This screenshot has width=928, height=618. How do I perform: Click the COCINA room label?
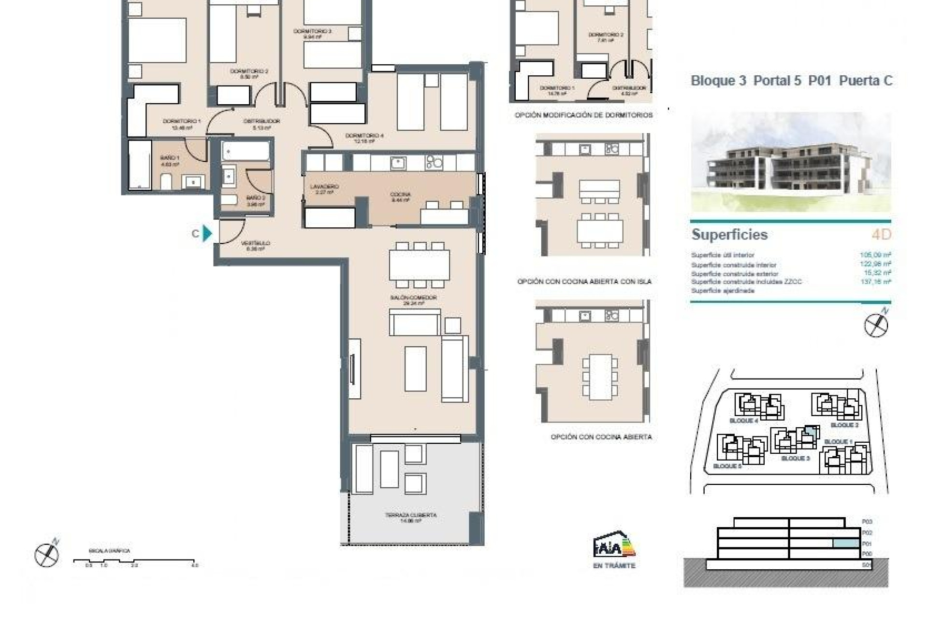[x=400, y=197]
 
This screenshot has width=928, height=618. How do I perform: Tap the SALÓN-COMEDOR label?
[x=413, y=300]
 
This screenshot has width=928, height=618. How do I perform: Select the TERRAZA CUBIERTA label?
[x=411, y=518]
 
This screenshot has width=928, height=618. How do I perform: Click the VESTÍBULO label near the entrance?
[x=255, y=246]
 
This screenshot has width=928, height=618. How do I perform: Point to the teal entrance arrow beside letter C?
[x=207, y=233]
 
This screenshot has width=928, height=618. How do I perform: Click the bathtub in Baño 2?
[x=246, y=151]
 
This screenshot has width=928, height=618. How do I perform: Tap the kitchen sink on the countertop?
[x=398, y=163]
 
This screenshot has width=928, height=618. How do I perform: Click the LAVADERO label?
[x=324, y=189]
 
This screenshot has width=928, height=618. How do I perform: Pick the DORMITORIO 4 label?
[x=364, y=138]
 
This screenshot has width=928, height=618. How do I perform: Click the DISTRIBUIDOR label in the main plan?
[x=261, y=124]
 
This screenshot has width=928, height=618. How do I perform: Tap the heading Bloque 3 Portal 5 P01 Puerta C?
[x=791, y=81]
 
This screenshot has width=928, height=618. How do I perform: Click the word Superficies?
[x=729, y=235]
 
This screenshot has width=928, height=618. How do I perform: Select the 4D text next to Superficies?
[x=881, y=235]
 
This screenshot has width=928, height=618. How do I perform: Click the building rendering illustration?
[x=791, y=162]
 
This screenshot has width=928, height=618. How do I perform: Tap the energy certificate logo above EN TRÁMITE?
[x=614, y=546]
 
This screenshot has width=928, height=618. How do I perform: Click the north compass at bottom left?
[x=47, y=554]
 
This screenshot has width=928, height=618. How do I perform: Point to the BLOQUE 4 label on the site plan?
[x=743, y=421]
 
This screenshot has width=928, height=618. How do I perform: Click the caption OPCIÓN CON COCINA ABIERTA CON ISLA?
[x=584, y=281]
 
